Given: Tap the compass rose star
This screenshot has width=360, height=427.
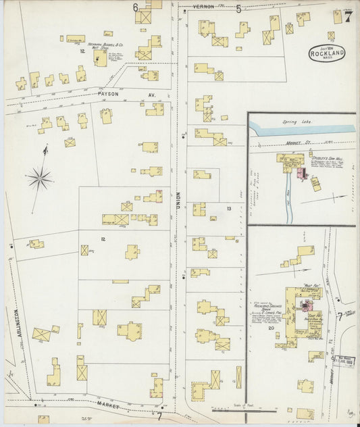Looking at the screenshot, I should point(40,179).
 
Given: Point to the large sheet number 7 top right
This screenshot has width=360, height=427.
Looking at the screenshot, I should point(347,16).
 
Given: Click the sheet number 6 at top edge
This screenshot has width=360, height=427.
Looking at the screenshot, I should point(135,7).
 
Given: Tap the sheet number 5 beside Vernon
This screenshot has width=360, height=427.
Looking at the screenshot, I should point(238,9).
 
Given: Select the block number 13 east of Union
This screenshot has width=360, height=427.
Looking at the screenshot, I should point(229,209).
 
